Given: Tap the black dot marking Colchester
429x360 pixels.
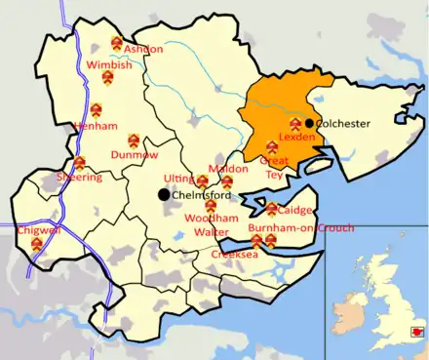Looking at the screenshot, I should tap(309, 123).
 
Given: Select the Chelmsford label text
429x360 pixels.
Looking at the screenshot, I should tap(201, 195).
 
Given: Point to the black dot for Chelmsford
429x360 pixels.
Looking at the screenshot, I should tap(164, 194).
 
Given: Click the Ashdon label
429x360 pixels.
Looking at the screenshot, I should tap(143, 49).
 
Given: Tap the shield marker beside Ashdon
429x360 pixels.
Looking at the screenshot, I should tap(117, 43).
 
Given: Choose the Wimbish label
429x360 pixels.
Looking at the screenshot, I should tap(109, 64).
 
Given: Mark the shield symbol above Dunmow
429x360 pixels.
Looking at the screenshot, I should tap(133, 140).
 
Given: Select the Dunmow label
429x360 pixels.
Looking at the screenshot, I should tap(134, 154).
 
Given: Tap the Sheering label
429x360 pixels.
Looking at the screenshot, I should tap(78, 178).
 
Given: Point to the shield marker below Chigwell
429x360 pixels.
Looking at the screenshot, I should tap(37, 244).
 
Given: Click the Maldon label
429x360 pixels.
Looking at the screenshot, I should tap(228, 169).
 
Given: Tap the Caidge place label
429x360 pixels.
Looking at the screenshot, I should tap(295, 210).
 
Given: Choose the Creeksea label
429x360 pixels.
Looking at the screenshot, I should tap(234, 254).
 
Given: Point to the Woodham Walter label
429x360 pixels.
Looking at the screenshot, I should tap(208, 226).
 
